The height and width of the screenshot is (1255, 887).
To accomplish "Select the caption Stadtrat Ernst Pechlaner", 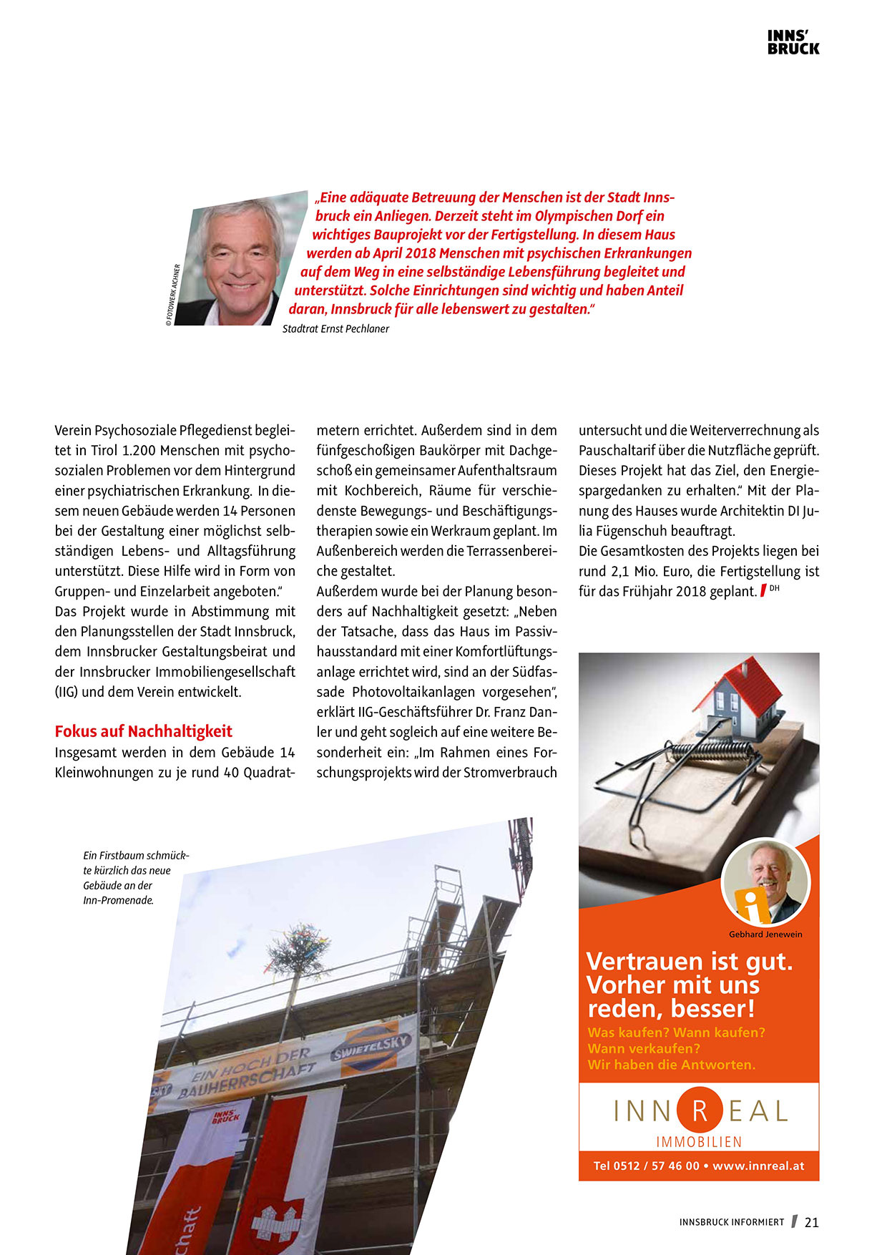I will [335, 329].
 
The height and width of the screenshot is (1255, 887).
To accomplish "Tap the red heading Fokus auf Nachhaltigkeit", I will [144, 731].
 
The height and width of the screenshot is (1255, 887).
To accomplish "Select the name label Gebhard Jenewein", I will [765, 934].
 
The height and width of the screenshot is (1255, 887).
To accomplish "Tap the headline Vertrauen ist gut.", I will [689, 961].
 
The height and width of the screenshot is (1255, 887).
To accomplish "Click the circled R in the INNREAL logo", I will [700, 1111].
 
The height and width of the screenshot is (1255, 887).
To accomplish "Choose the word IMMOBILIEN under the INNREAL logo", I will [699, 1142].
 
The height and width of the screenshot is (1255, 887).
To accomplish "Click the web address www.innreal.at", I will [758, 1166].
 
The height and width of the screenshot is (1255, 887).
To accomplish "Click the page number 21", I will [812, 1223].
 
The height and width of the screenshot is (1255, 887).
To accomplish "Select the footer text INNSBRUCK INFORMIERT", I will [731, 1223].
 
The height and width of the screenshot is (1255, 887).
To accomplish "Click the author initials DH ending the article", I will [774, 588].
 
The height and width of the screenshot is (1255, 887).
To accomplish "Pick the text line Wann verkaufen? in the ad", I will [643, 1049].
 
